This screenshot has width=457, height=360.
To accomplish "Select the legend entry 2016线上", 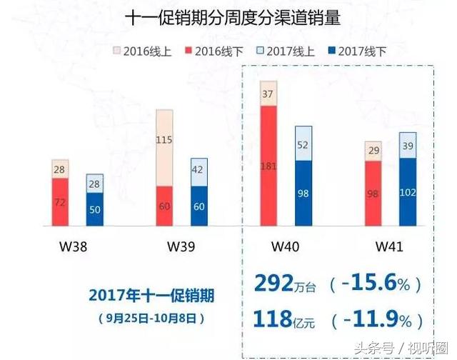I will click(x=139, y=51).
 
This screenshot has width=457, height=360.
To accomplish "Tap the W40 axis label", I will click(x=286, y=247).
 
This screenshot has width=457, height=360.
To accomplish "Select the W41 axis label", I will click(x=390, y=247).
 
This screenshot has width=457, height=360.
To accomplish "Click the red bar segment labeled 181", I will click(x=268, y=166).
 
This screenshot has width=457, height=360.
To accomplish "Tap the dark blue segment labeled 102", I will click(x=408, y=191).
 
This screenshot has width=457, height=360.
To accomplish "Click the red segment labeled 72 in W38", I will click(x=60, y=202).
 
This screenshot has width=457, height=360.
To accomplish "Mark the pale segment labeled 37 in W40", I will click(x=268, y=93).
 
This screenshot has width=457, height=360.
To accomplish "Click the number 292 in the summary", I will click(x=272, y=284).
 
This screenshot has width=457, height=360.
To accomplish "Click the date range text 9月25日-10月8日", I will click(x=147, y=316).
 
